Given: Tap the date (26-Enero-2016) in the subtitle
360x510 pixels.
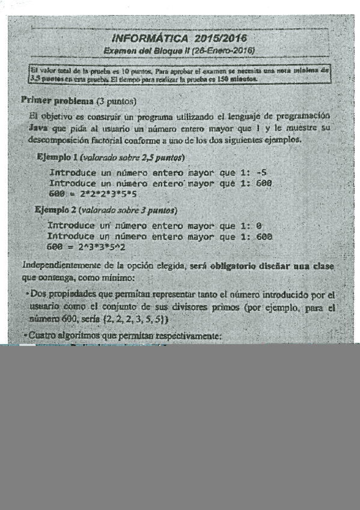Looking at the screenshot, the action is pos(222,50).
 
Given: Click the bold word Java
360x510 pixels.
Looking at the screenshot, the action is pos(38,128).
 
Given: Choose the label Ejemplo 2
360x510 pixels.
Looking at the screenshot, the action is pos(56,210).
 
